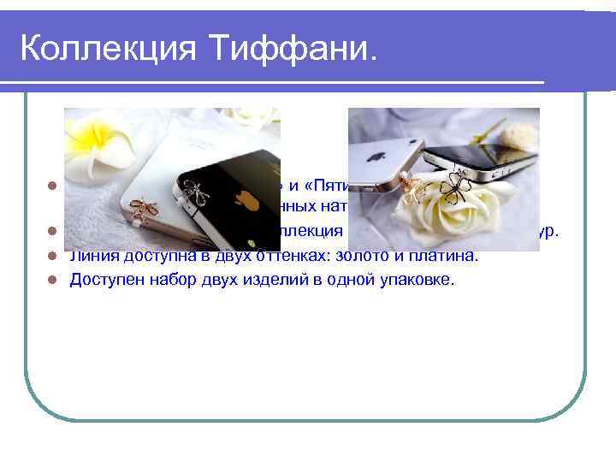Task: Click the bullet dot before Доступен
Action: coord(52,279)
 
